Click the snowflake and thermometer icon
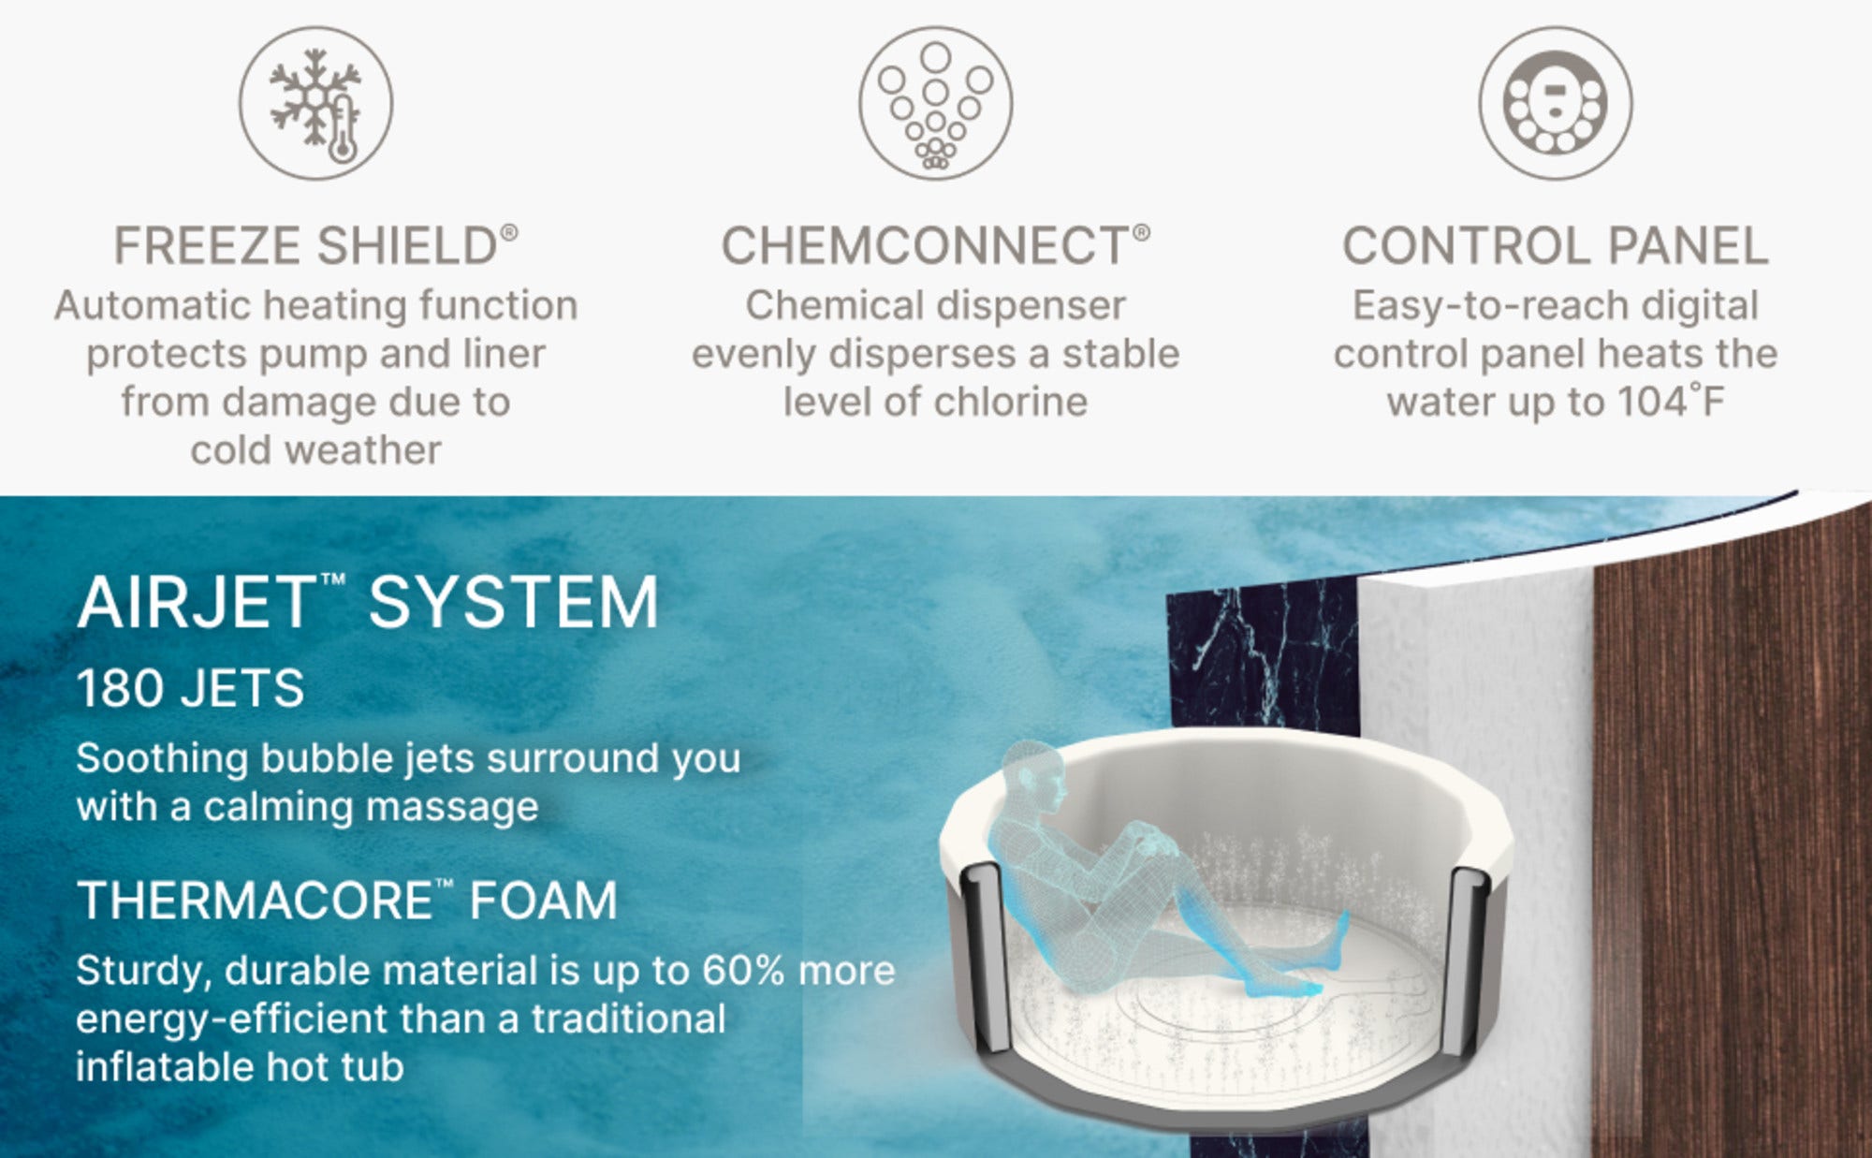coord(315,103)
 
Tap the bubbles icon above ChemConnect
coord(935,103)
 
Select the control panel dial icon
coord(1556,103)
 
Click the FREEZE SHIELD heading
coord(315,246)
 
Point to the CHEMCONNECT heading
coord(935,246)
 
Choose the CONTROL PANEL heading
coord(1556,246)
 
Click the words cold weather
coord(315,450)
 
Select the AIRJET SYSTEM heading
coord(368,602)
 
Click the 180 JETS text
coord(190,688)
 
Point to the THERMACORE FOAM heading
coord(347,901)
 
